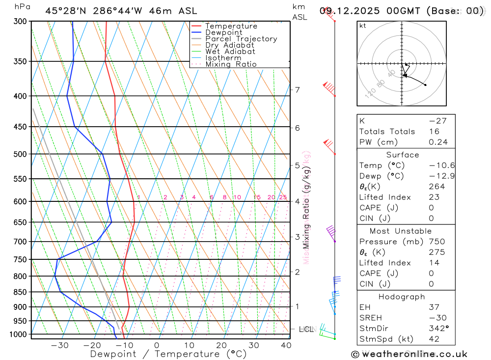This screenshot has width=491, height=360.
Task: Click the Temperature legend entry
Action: point(231,26)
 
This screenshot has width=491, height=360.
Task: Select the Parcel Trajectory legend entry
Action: point(241,39)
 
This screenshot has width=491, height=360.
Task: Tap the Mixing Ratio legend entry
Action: point(231,64)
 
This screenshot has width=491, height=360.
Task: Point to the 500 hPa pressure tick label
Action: point(21,154)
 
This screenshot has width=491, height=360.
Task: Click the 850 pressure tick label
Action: point(21,292)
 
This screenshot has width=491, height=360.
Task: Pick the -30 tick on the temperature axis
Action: point(59,345)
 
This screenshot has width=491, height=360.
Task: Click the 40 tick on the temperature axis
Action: point(285,345)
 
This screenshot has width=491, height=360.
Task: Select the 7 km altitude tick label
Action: point(297,89)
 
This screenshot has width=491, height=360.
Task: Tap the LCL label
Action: point(306,329)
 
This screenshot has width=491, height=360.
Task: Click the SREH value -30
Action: point(436,317)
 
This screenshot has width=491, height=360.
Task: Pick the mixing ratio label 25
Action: point(283,197)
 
